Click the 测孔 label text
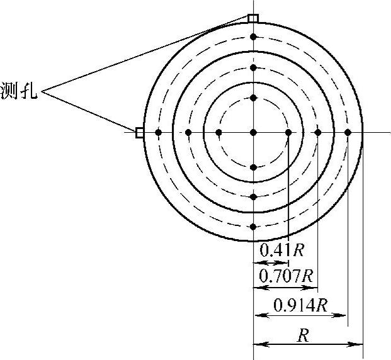pyautogui.click(x=19, y=91)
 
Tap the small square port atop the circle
pyautogui.click(x=253, y=18)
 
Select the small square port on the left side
pyautogui.click(x=139, y=132)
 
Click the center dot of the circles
pyautogui.click(x=253, y=132)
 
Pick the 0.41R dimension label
pyautogui.click(x=282, y=250)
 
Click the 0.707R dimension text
pyautogui.click(x=286, y=276)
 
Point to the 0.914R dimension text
pyautogui.click(x=300, y=305)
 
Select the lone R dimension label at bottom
pyautogui.click(x=303, y=335)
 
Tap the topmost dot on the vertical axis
pyautogui.click(x=253, y=37)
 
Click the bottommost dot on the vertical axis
pyautogui.click(x=253, y=227)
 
